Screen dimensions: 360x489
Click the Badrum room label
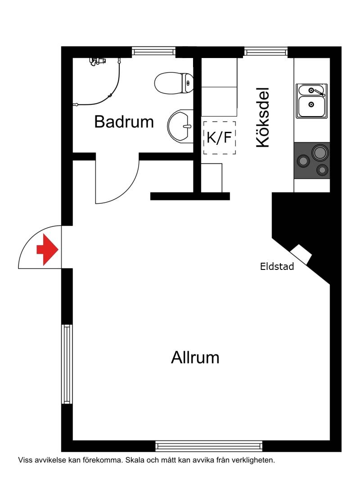pyautogui.click(x=124, y=121)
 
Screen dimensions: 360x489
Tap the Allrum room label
pyautogui.click(x=195, y=357)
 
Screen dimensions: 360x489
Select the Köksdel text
pyautogui.click(x=262, y=117)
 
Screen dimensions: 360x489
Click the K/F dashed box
pyautogui.click(x=219, y=138)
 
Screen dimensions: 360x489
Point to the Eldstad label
pyautogui.click(x=277, y=266)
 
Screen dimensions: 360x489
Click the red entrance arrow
pyautogui.click(x=47, y=250)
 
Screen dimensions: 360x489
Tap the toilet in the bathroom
pyautogui.click(x=174, y=83)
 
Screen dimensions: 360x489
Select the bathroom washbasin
pyautogui.click(x=180, y=126)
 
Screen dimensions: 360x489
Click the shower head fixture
pyautogui.click(x=97, y=60)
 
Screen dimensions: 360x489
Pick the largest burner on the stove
pyautogui.click(x=320, y=153)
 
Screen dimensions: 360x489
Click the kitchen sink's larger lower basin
pyautogui.click(x=311, y=106)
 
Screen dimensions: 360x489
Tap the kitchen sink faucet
pyautogui.click(x=319, y=92)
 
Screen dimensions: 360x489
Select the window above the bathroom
pyautogui.click(x=153, y=51)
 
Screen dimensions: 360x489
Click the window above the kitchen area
pyautogui.click(x=266, y=51)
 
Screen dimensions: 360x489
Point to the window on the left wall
pyautogui.click(x=67, y=364)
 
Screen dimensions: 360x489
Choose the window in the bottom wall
pyautogui.click(x=209, y=446)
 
